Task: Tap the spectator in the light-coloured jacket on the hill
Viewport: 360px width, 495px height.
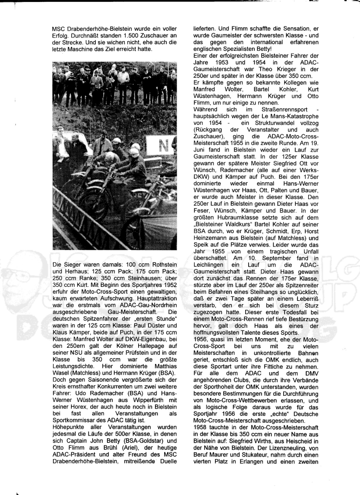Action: pyautogui.click(x=123, y=75)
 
